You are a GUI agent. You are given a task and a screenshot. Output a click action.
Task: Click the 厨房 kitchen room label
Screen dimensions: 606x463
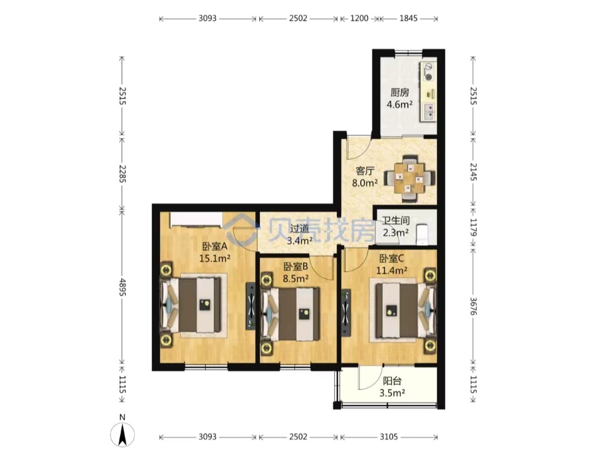point(400,93)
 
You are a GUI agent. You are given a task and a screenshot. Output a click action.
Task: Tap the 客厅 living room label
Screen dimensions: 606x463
point(365,171)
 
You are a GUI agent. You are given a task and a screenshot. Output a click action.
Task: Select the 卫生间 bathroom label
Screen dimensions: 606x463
point(396,221)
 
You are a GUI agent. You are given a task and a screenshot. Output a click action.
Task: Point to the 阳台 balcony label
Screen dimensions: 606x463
point(392,381)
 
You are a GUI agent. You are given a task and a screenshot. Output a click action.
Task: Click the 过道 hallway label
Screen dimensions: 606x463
point(300,228)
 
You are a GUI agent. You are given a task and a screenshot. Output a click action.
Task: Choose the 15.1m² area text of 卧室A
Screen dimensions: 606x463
point(215,258)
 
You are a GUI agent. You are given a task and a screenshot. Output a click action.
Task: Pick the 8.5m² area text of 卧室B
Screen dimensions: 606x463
point(296,278)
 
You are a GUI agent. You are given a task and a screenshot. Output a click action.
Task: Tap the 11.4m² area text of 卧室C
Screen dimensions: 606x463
point(392,270)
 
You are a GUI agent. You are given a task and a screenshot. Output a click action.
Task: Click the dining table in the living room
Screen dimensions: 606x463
point(410,178)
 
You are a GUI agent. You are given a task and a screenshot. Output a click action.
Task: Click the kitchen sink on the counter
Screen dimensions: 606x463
point(429,112)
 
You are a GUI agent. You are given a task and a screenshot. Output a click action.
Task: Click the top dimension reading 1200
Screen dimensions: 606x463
point(359,18)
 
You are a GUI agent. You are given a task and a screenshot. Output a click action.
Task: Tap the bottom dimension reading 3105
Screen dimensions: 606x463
point(388,437)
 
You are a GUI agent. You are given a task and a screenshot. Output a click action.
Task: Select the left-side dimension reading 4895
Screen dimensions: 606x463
point(122,287)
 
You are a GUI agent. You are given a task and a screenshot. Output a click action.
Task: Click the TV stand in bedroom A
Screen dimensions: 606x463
point(251,306)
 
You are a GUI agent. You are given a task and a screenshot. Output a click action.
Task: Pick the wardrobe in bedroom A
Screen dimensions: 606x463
point(197,219)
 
